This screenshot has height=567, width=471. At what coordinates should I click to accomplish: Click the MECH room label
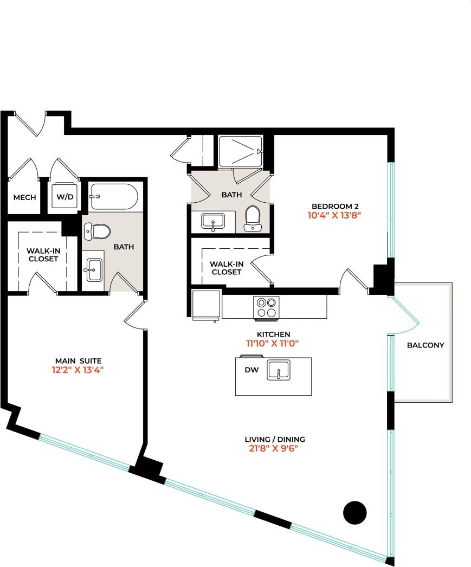[25, 197]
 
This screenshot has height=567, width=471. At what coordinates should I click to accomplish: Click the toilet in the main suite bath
[97, 232]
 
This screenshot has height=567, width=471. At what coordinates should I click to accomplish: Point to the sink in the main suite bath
[94, 269]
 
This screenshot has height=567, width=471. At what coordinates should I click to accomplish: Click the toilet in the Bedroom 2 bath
[253, 218]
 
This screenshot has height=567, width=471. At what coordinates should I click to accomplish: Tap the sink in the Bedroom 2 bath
[213, 222]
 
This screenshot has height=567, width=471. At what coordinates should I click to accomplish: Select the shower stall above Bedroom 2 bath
[241, 151]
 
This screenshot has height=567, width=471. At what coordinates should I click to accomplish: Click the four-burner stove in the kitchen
[266, 308]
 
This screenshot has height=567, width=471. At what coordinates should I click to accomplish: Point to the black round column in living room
[356, 512]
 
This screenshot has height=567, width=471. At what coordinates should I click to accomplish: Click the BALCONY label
[425, 345]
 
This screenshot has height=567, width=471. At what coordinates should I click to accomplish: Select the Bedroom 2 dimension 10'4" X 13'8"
[335, 215]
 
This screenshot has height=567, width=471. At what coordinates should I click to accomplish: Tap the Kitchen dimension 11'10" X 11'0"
[273, 343]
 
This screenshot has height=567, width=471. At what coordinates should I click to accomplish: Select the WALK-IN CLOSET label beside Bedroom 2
[226, 268]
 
